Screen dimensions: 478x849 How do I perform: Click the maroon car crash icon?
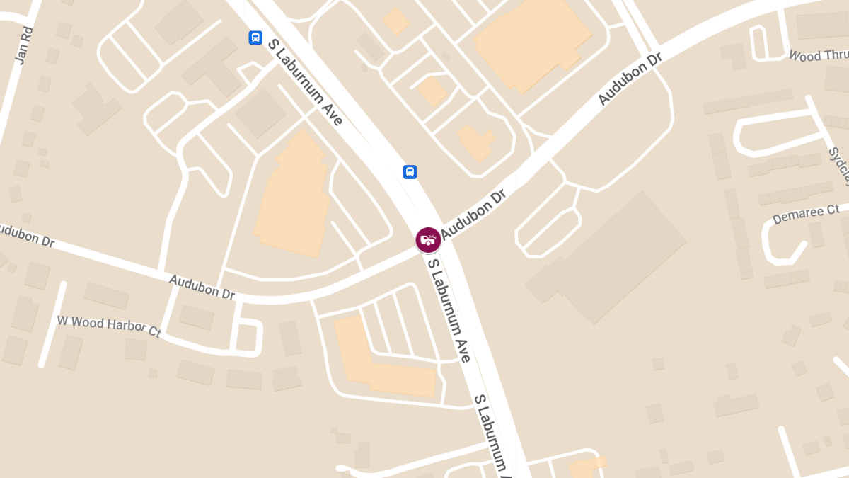[428, 239]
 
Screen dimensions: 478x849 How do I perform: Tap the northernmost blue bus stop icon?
[255, 38]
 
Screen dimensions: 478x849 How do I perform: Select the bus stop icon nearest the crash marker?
[410, 171]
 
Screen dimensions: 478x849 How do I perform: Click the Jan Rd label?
[25, 46]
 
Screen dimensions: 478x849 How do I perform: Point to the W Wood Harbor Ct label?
[109, 326]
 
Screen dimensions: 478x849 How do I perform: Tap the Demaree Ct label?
[806, 213]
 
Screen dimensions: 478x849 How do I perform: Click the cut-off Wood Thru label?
[818, 55]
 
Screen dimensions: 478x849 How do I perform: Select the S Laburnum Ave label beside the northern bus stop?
[305, 82]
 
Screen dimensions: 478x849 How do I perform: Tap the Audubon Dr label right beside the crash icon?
[475, 215]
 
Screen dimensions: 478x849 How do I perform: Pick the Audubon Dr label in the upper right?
[629, 79]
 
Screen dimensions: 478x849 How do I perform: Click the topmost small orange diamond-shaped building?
[395, 21]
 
